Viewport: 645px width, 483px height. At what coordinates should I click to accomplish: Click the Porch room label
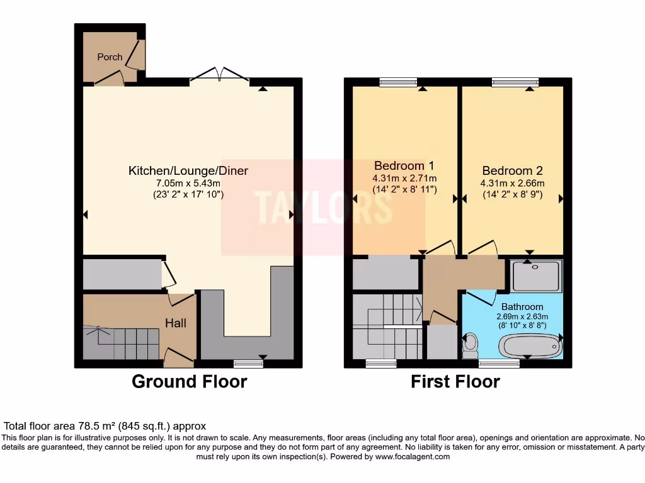[x=110, y=57]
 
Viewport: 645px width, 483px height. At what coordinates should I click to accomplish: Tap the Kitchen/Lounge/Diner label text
[x=188, y=170]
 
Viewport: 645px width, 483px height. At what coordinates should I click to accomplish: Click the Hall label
[x=176, y=323]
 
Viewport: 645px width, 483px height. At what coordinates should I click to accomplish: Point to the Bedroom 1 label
[x=404, y=166]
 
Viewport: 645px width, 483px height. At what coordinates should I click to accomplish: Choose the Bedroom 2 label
[x=512, y=170]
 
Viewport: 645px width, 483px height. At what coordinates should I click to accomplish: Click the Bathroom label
[x=522, y=307]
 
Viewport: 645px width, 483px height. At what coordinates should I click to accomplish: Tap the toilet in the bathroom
[x=470, y=346]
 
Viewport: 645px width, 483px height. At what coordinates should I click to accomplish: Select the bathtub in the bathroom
[x=529, y=345]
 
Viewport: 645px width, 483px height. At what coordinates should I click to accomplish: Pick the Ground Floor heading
[x=189, y=381]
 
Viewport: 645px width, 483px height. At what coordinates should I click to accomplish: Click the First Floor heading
[x=455, y=381]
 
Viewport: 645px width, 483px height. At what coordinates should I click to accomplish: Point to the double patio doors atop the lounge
[x=219, y=75]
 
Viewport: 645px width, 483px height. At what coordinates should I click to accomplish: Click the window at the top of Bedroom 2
[x=515, y=81]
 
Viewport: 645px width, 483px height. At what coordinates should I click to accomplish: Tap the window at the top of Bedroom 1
[x=398, y=81]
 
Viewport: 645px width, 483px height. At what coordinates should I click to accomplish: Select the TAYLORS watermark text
[x=323, y=207]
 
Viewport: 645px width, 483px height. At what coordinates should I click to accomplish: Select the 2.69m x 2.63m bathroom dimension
[x=522, y=316]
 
